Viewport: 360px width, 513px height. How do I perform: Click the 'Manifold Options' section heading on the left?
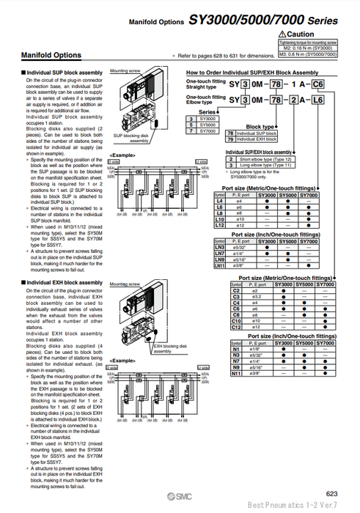point(51,55)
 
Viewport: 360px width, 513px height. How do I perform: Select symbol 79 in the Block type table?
point(229,138)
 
